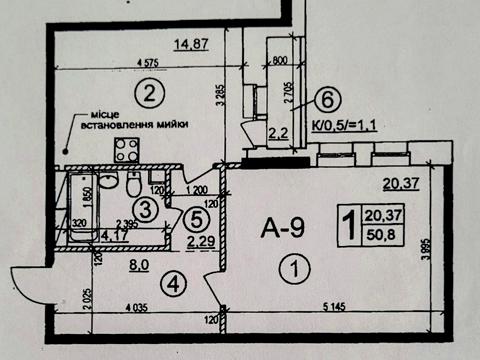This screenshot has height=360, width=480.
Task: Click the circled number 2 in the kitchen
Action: (148, 96)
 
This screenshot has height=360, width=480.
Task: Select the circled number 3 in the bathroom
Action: (147, 209)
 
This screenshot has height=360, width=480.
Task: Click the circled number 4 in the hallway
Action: (175, 284)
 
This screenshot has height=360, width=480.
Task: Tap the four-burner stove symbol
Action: (126, 152)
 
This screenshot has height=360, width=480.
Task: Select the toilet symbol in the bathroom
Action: (133, 186)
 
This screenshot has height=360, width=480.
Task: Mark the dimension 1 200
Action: (197, 189)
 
